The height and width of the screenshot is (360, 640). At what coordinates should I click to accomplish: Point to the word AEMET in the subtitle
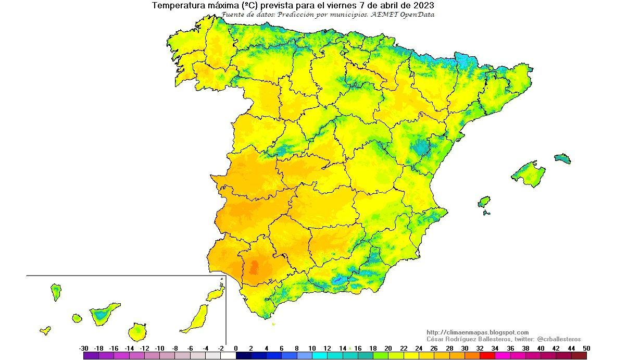point(386,15)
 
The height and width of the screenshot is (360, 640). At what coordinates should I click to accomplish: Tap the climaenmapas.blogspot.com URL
point(477,332)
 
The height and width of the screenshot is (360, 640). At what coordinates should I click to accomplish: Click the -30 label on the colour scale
point(83,349)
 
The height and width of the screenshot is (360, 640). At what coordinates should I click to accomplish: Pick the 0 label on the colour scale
point(235,349)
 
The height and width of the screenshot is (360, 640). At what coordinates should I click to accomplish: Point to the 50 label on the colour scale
point(586,349)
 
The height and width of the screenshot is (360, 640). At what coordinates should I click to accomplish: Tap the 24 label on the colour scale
point(418,349)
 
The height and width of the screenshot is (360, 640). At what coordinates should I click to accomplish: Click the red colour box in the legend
point(487,356)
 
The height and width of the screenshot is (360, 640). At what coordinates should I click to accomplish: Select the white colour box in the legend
point(228,356)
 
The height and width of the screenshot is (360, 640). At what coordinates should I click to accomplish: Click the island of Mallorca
point(527,172)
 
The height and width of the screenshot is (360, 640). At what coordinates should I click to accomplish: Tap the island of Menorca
point(562,158)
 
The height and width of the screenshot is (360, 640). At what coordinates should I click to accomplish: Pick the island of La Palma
point(56,291)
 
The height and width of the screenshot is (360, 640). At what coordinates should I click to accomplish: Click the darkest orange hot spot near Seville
point(254,268)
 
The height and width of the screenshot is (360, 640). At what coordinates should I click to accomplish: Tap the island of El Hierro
point(45,330)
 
